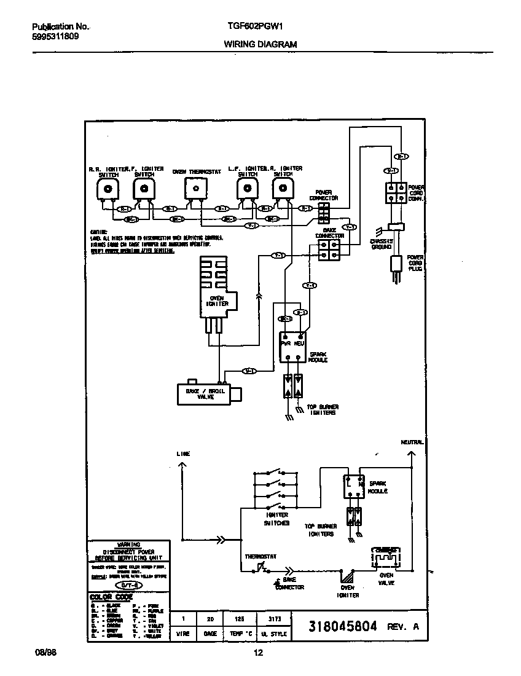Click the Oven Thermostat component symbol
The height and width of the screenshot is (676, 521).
(195, 189)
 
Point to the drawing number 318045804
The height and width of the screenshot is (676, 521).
(342, 627)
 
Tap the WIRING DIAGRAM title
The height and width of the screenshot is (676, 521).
(260, 44)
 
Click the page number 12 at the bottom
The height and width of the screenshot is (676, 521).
(259, 653)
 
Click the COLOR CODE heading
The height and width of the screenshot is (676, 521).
(111, 597)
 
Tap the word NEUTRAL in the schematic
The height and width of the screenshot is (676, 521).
(412, 442)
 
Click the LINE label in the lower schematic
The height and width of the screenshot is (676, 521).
(183, 454)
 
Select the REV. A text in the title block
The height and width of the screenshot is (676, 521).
(403, 627)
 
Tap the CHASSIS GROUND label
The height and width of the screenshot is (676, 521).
(382, 244)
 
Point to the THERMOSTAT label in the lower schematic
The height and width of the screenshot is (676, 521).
(261, 556)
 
